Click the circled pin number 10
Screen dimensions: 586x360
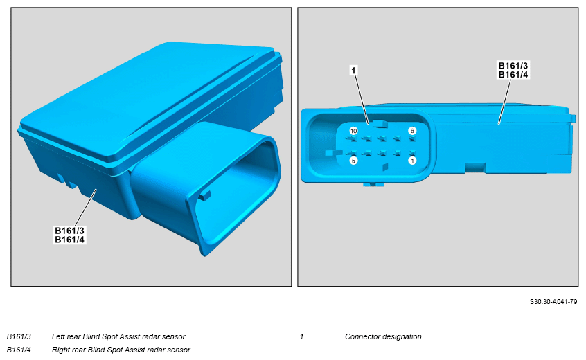pyautogui.click(x=353, y=131)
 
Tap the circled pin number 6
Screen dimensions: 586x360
pyautogui.click(x=412, y=131)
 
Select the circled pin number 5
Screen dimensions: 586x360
pyautogui.click(x=353, y=161)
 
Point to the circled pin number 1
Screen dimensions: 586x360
pyautogui.click(x=412, y=161)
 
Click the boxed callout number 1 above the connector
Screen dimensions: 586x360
pyautogui.click(x=353, y=70)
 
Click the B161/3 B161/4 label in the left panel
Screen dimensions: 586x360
pyautogui.click(x=70, y=235)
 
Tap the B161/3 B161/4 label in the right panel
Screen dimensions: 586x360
pyautogui.click(x=513, y=70)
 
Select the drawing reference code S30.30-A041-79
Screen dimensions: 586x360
pyautogui.click(x=553, y=302)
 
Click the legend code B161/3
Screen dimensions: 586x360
pyautogui.click(x=19, y=336)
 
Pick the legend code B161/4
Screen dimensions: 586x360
pyautogui.click(x=19, y=350)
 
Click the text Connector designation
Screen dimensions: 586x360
pyautogui.click(x=383, y=336)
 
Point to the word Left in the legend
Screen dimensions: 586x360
pyautogui.click(x=58, y=336)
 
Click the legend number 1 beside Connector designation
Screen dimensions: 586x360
pyautogui.click(x=301, y=336)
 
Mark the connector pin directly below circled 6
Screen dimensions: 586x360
pyautogui.click(x=412, y=138)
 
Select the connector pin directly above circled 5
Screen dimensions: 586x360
pyautogui.click(x=352, y=153)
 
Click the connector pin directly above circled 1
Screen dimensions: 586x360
pyautogui.click(x=412, y=153)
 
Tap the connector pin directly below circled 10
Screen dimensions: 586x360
pyautogui.click(x=352, y=138)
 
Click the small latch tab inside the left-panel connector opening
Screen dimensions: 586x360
pyautogui.click(x=204, y=195)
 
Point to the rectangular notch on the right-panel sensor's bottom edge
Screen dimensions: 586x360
pyautogui.click(x=475, y=168)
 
